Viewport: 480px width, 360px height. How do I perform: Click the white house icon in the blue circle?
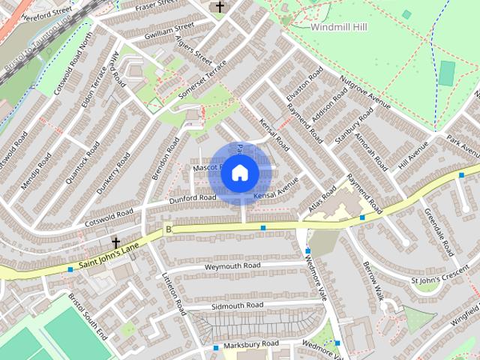pos(239,172)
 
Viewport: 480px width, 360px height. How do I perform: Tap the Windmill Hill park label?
pos(340,26)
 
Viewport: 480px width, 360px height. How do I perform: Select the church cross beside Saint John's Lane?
pos(116,243)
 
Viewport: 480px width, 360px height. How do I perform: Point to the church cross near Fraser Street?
pos(220,7)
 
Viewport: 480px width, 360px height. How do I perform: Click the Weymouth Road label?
pos(232,266)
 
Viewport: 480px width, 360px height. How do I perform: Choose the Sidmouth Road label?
pos(237,306)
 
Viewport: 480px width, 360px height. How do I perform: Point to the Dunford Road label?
pos(192,198)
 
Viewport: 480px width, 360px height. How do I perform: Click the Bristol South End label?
pos(88,314)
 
